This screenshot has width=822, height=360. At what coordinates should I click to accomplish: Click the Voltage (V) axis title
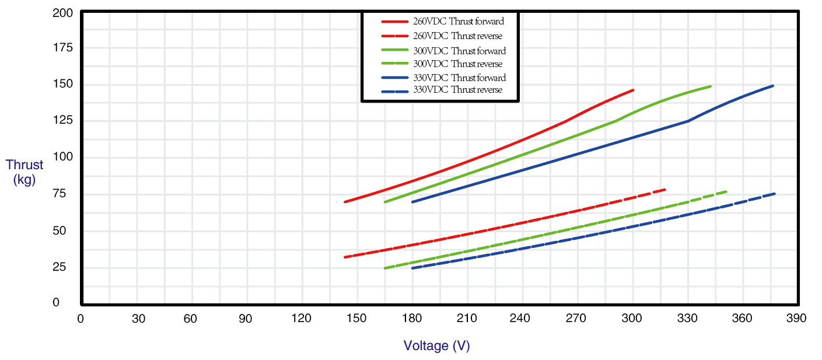pyautogui.click(x=436, y=346)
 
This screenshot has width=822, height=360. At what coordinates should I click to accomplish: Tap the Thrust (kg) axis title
pyautogui.click(x=25, y=172)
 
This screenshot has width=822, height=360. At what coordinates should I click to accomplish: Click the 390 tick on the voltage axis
pyautogui.click(x=796, y=319)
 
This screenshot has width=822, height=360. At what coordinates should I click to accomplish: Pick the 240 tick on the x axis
pyautogui.click(x=520, y=319)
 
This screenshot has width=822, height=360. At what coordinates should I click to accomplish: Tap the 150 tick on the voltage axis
pyautogui.click(x=356, y=319)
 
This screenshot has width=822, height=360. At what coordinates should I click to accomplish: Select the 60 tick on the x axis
pyautogui.click(x=190, y=319)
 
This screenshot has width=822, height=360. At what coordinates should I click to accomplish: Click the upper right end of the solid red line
pyautogui.click(x=633, y=90)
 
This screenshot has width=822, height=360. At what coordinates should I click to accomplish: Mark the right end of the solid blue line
pyautogui.click(x=773, y=86)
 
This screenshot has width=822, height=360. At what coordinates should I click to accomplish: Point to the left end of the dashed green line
pyautogui.click(x=384, y=268)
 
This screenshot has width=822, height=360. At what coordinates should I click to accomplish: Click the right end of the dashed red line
pyautogui.click(x=664, y=190)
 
